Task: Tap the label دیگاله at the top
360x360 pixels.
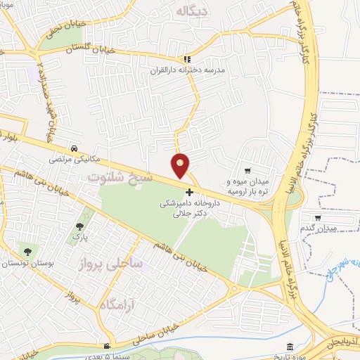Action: (192, 11)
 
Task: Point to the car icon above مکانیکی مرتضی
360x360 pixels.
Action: (74, 148)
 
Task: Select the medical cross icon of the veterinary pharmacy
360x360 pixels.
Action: (188, 192)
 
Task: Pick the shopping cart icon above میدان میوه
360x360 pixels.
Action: (247, 171)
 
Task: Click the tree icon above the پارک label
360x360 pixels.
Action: (79, 226)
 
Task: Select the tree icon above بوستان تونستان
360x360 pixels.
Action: (27, 251)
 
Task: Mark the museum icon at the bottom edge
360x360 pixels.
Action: (291, 347)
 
